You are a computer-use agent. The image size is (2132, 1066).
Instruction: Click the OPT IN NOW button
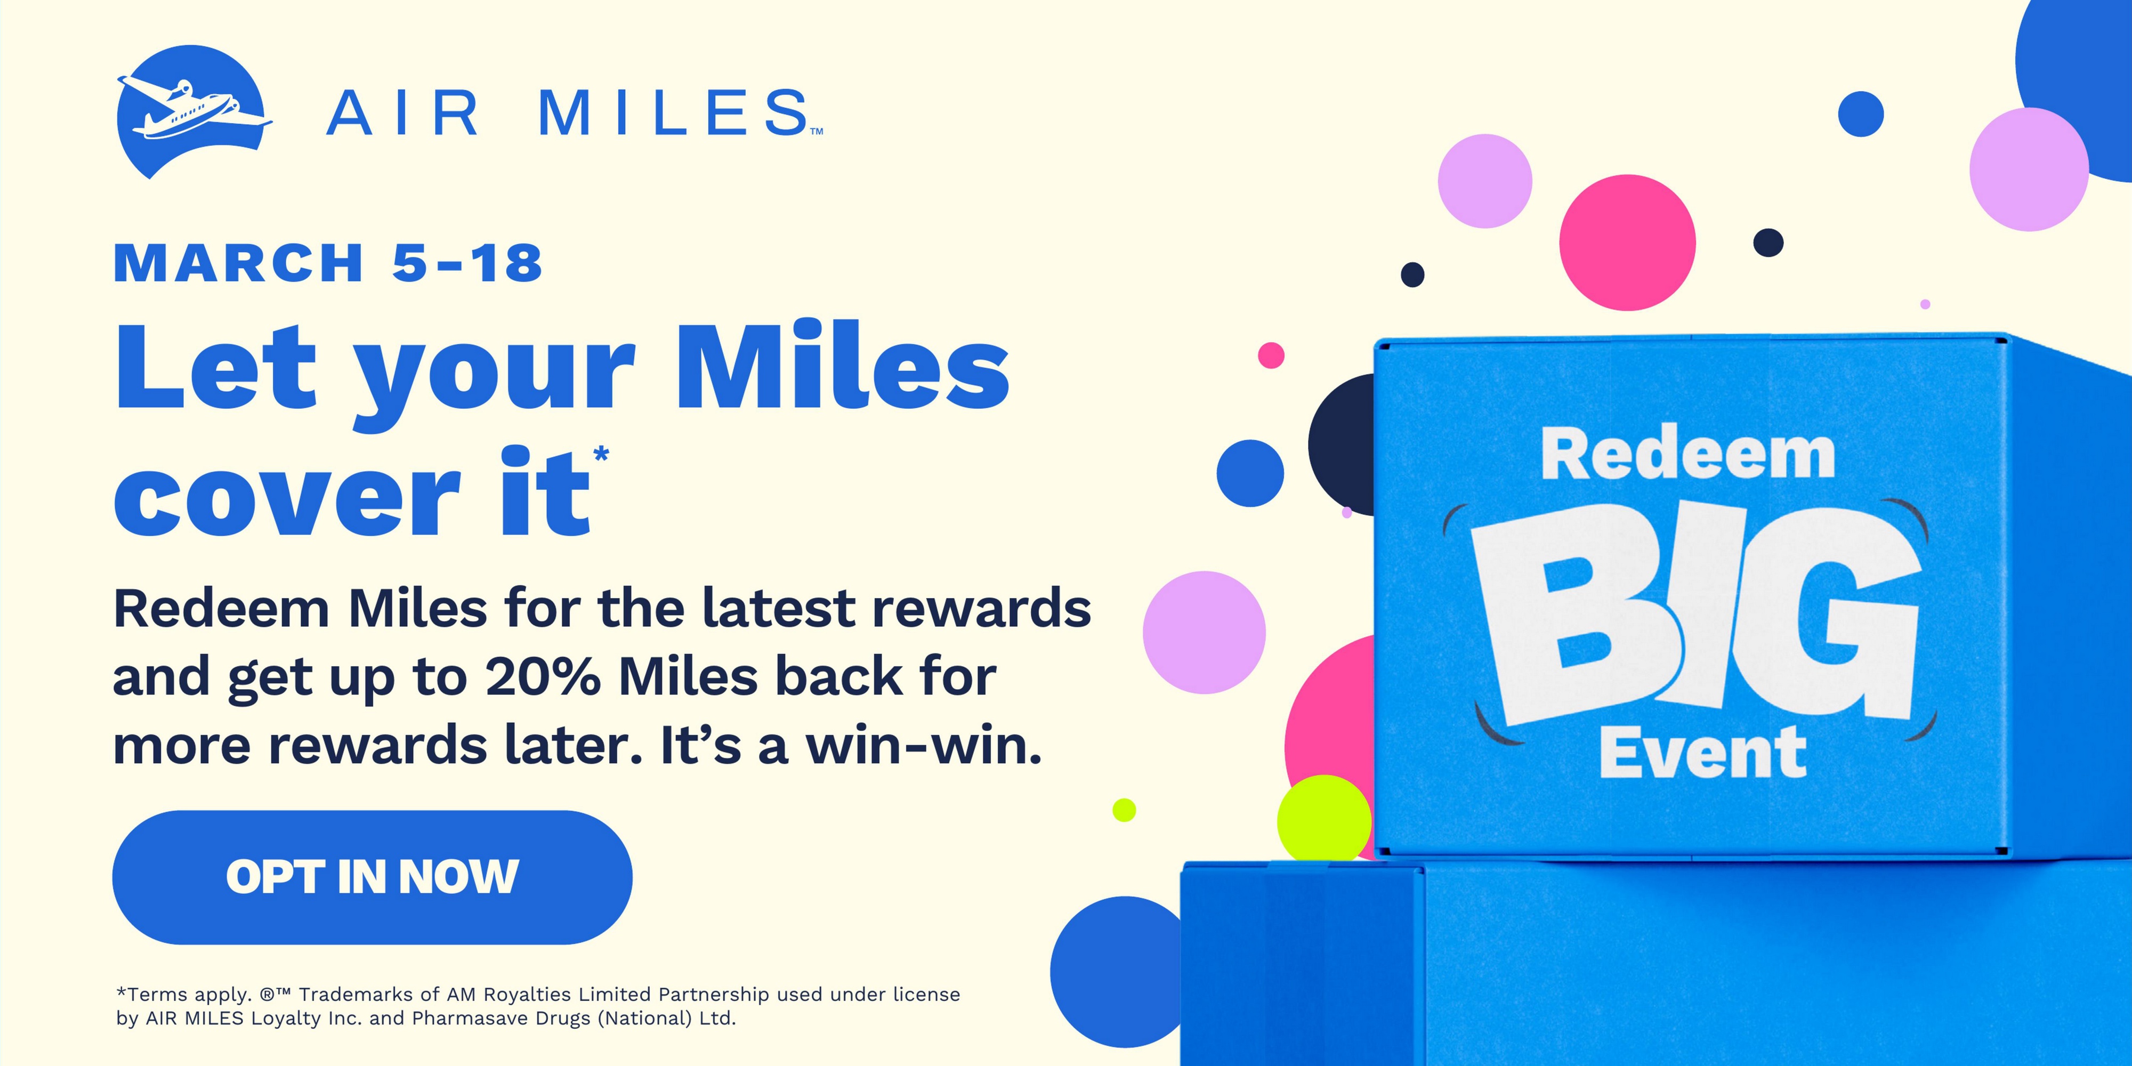pos(373,877)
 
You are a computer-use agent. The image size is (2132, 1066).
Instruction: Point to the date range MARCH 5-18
pos(328,263)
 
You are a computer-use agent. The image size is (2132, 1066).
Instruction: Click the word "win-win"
pos(924,746)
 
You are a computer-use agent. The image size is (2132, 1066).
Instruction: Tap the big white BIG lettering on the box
pos(1697,612)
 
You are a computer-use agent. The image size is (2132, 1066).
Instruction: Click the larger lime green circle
pos(1324,819)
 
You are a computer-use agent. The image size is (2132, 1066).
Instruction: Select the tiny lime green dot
pos(1124,810)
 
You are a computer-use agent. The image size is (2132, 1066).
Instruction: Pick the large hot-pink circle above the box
pos(1628,243)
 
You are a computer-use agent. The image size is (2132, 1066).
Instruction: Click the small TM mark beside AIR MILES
pos(816,131)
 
